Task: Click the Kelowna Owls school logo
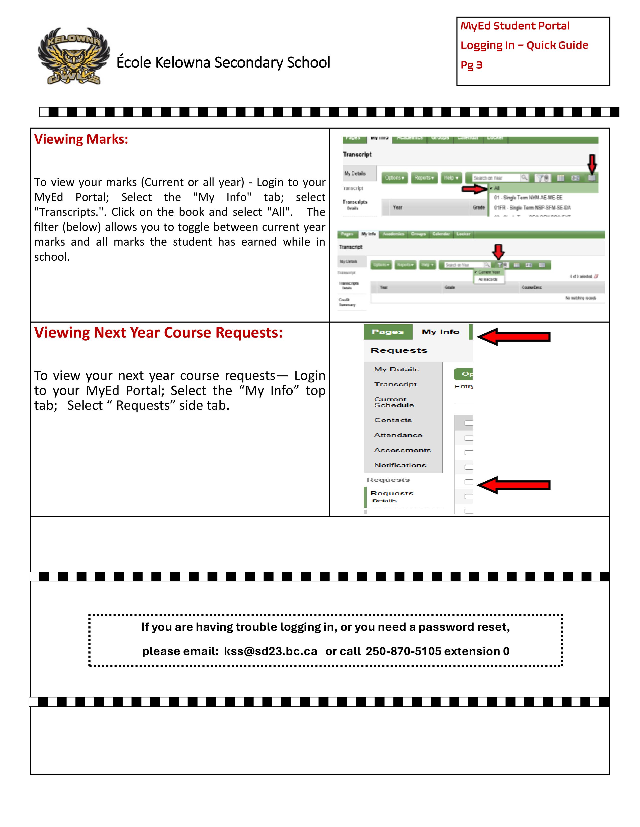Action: pos(74,56)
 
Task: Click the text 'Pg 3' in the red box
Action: pos(471,65)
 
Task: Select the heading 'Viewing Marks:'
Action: pos(81,139)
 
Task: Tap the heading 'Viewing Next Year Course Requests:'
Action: pos(158,333)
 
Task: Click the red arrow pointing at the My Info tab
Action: pos(514,337)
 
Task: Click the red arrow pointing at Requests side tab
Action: pos(514,485)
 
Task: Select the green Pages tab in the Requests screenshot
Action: pos(388,332)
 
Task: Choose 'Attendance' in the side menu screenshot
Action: pos(398,435)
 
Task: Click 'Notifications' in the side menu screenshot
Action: pos(400,465)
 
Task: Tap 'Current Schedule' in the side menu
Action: pos(394,402)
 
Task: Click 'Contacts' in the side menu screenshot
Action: pos(393,420)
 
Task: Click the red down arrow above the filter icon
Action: pos(498,251)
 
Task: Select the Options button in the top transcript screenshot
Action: pos(394,178)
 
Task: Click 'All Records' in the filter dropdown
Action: pos(488,279)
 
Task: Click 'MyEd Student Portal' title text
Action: pos(515,26)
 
